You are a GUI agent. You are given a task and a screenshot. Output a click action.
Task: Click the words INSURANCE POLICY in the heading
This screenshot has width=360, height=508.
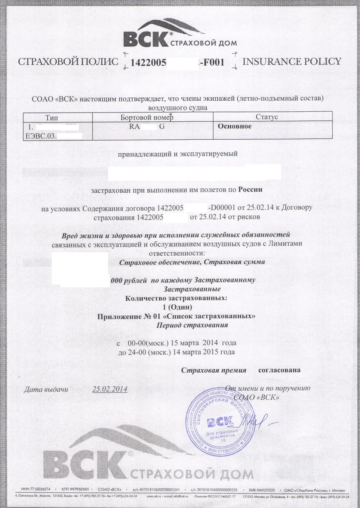coord(291,61)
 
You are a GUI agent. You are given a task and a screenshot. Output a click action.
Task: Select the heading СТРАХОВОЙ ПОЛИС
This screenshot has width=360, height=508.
coord(68,62)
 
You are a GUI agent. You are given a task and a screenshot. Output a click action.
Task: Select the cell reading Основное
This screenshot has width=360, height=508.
coord(235,126)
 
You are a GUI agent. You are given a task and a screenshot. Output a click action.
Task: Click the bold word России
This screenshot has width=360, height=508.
coord(250,190)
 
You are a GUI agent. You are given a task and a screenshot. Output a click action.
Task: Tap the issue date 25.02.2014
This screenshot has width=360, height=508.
coord(110,388)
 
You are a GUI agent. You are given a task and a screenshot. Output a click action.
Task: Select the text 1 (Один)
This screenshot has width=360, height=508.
coord(176,307)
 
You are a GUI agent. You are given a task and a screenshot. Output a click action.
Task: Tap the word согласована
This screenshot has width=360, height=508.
coord(279,370)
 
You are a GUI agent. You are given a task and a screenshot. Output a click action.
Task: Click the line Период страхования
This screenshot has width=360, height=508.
coord(193,325)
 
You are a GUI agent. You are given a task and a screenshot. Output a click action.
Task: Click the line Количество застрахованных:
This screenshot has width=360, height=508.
coord(176,298)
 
